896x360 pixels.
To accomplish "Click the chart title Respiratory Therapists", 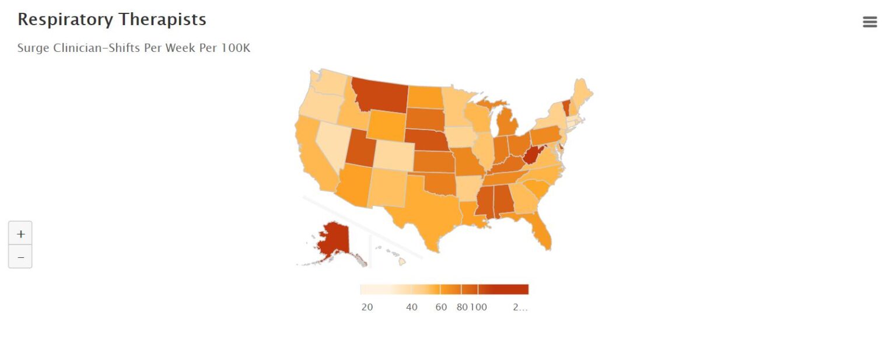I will pos(112,19).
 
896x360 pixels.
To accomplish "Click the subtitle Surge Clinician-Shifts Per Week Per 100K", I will pos(134,48).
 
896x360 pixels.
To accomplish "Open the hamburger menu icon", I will pos(869,22).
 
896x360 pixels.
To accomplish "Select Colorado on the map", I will pos(394,155).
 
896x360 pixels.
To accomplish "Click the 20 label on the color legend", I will pos(367,307).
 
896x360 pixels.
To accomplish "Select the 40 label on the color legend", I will pos(412,307).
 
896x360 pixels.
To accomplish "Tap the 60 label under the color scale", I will pos(441,307).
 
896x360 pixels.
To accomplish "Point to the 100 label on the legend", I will pos(478,307).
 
